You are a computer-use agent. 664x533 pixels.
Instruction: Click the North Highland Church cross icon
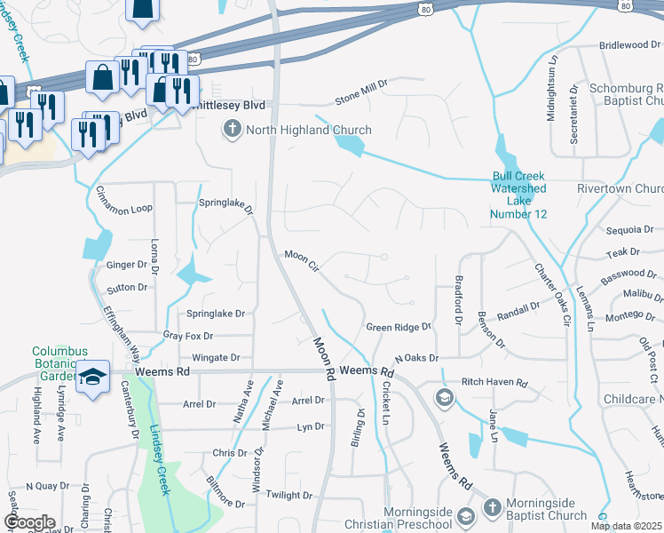[x=233, y=131]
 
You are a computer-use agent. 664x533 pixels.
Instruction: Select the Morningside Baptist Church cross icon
[x=493, y=508]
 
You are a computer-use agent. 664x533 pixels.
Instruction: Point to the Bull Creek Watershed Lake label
[x=519, y=195]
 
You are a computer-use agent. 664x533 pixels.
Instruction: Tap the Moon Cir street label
[x=301, y=259]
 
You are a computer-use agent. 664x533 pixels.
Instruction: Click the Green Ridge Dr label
[x=399, y=327]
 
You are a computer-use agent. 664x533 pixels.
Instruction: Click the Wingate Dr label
[x=217, y=358]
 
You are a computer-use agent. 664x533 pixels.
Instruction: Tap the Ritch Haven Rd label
[x=494, y=384]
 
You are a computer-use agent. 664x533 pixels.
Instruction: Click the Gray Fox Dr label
[x=189, y=336]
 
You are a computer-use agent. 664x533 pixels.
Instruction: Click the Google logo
[x=28, y=522]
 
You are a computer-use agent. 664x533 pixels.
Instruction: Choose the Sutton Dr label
[x=127, y=288]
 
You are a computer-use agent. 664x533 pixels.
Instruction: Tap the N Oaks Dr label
[x=417, y=358]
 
